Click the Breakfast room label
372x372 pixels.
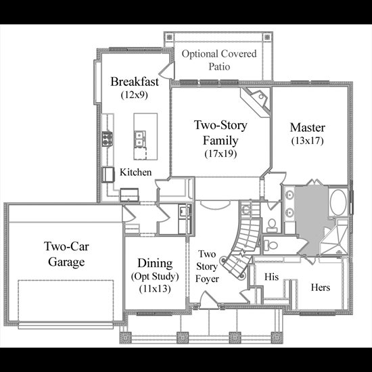click(135, 82)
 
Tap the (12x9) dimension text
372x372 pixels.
click(135, 95)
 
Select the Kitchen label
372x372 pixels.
click(135, 172)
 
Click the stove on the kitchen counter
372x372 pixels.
click(108, 139)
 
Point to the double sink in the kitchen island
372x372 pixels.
click(140, 139)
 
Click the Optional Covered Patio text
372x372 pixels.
click(219, 60)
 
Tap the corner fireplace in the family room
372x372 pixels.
click(256, 101)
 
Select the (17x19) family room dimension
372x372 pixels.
click(220, 154)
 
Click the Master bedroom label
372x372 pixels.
click(308, 127)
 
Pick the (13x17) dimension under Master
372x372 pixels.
click(308, 141)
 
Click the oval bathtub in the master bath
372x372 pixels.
click(338, 203)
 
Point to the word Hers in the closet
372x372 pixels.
click(321, 287)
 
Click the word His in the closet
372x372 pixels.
click(271, 277)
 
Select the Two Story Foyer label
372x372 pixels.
click(207, 266)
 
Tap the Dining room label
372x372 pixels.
click(155, 263)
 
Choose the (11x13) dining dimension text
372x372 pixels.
click(155, 289)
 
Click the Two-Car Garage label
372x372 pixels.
click(66, 254)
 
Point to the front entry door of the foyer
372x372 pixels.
click(208, 300)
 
